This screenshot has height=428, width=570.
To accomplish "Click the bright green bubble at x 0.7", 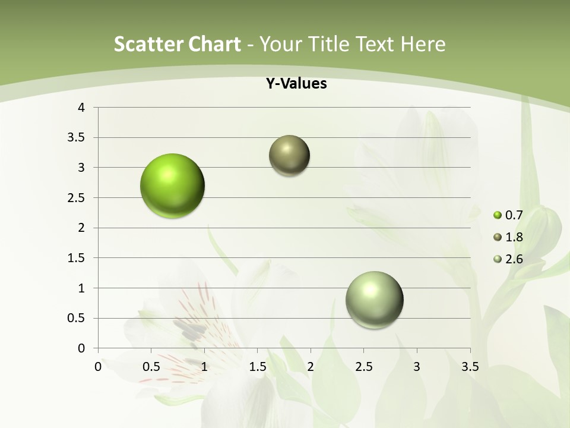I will point(172,185).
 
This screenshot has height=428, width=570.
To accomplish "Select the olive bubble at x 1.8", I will point(289,156).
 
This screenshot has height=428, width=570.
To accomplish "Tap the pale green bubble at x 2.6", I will point(374,300).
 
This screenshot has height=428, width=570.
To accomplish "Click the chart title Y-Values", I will point(296,84).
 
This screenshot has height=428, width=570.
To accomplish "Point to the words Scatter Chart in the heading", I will point(177,44).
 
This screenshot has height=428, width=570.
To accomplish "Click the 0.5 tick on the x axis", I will point(151,366).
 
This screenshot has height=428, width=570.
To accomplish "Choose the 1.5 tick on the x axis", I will point(257,366).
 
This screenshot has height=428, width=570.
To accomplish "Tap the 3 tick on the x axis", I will point(417,366).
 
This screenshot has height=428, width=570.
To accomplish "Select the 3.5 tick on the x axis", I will point(470,366).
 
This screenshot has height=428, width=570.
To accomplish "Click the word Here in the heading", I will point(423,44).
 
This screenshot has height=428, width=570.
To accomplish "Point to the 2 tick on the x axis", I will point(311,366).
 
